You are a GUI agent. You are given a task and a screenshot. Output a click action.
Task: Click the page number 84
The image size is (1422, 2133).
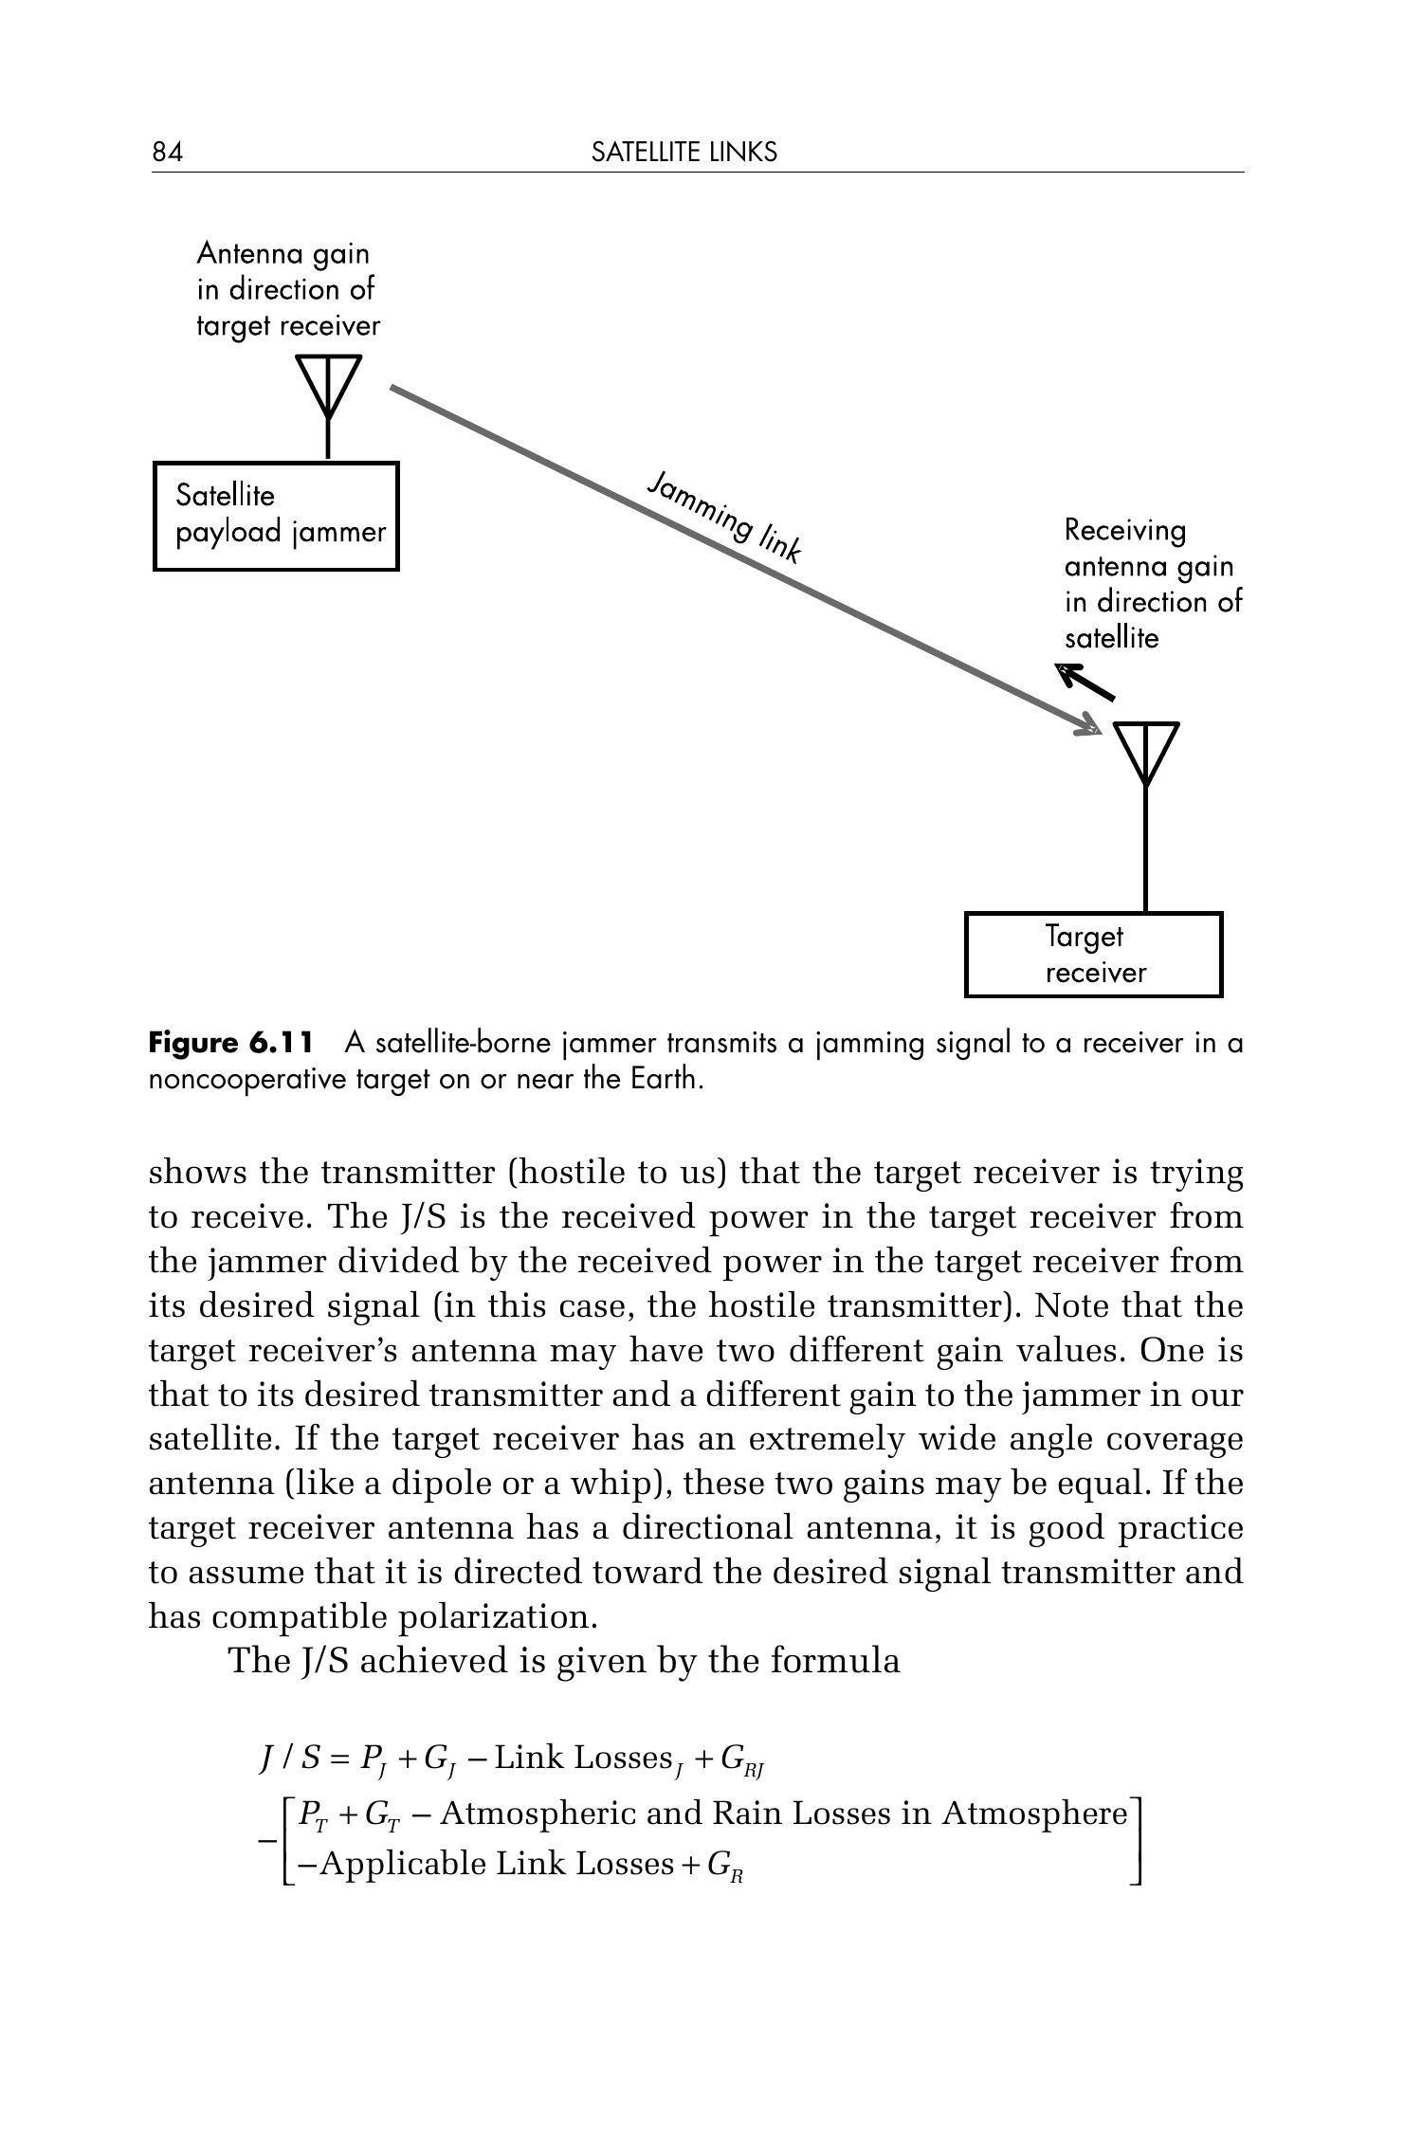(x=167, y=152)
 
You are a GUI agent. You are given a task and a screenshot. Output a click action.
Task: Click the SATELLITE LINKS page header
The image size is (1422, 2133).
(x=684, y=152)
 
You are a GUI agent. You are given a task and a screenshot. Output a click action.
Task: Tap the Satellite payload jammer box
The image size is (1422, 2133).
(x=276, y=516)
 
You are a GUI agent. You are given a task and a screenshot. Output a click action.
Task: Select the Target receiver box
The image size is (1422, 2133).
(x=1093, y=955)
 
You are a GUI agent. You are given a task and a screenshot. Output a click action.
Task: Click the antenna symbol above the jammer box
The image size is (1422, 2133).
(x=328, y=389)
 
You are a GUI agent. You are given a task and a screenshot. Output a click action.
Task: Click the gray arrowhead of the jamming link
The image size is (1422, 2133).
(x=1090, y=728)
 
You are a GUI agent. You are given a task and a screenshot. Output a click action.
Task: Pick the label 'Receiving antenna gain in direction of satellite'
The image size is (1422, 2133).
(x=1152, y=584)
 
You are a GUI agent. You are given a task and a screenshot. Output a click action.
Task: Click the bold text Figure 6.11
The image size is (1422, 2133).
(x=230, y=1044)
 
